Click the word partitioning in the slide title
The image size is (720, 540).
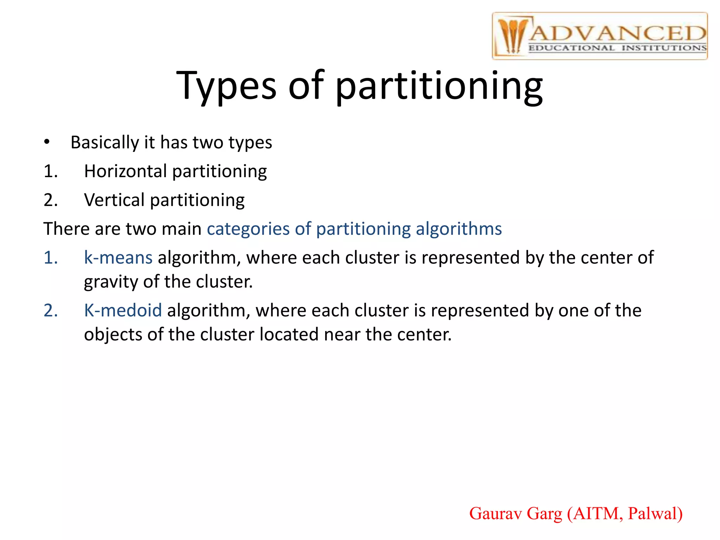click(439, 86)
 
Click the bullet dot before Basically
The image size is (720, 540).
click(47, 142)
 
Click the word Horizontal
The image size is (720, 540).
click(125, 171)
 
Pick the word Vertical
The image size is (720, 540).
click(114, 200)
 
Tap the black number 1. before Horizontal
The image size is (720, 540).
click(51, 171)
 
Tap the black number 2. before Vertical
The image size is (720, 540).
click(51, 200)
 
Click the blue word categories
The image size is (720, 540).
click(248, 229)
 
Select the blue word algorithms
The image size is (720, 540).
click(458, 229)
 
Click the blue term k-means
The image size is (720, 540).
click(118, 257)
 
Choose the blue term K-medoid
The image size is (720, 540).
click(123, 310)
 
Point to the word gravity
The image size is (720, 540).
click(111, 282)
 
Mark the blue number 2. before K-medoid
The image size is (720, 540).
click(51, 310)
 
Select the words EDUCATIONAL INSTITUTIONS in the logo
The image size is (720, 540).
click(617, 48)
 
